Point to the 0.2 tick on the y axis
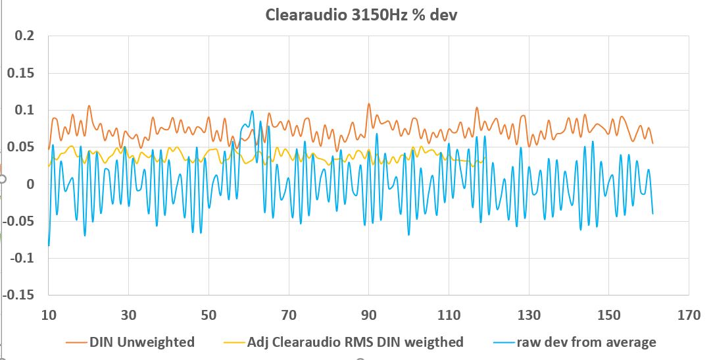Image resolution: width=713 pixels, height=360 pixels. (24, 36)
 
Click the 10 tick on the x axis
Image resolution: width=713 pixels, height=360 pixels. (49, 315)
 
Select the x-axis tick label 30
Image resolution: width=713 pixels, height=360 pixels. (129, 315)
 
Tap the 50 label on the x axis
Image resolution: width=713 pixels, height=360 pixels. (209, 315)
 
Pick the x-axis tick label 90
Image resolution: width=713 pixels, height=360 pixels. (368, 315)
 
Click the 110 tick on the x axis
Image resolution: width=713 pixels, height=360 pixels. (449, 315)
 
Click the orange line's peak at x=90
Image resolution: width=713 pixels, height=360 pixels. (368, 104)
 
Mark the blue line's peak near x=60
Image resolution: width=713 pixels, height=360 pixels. (251, 112)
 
